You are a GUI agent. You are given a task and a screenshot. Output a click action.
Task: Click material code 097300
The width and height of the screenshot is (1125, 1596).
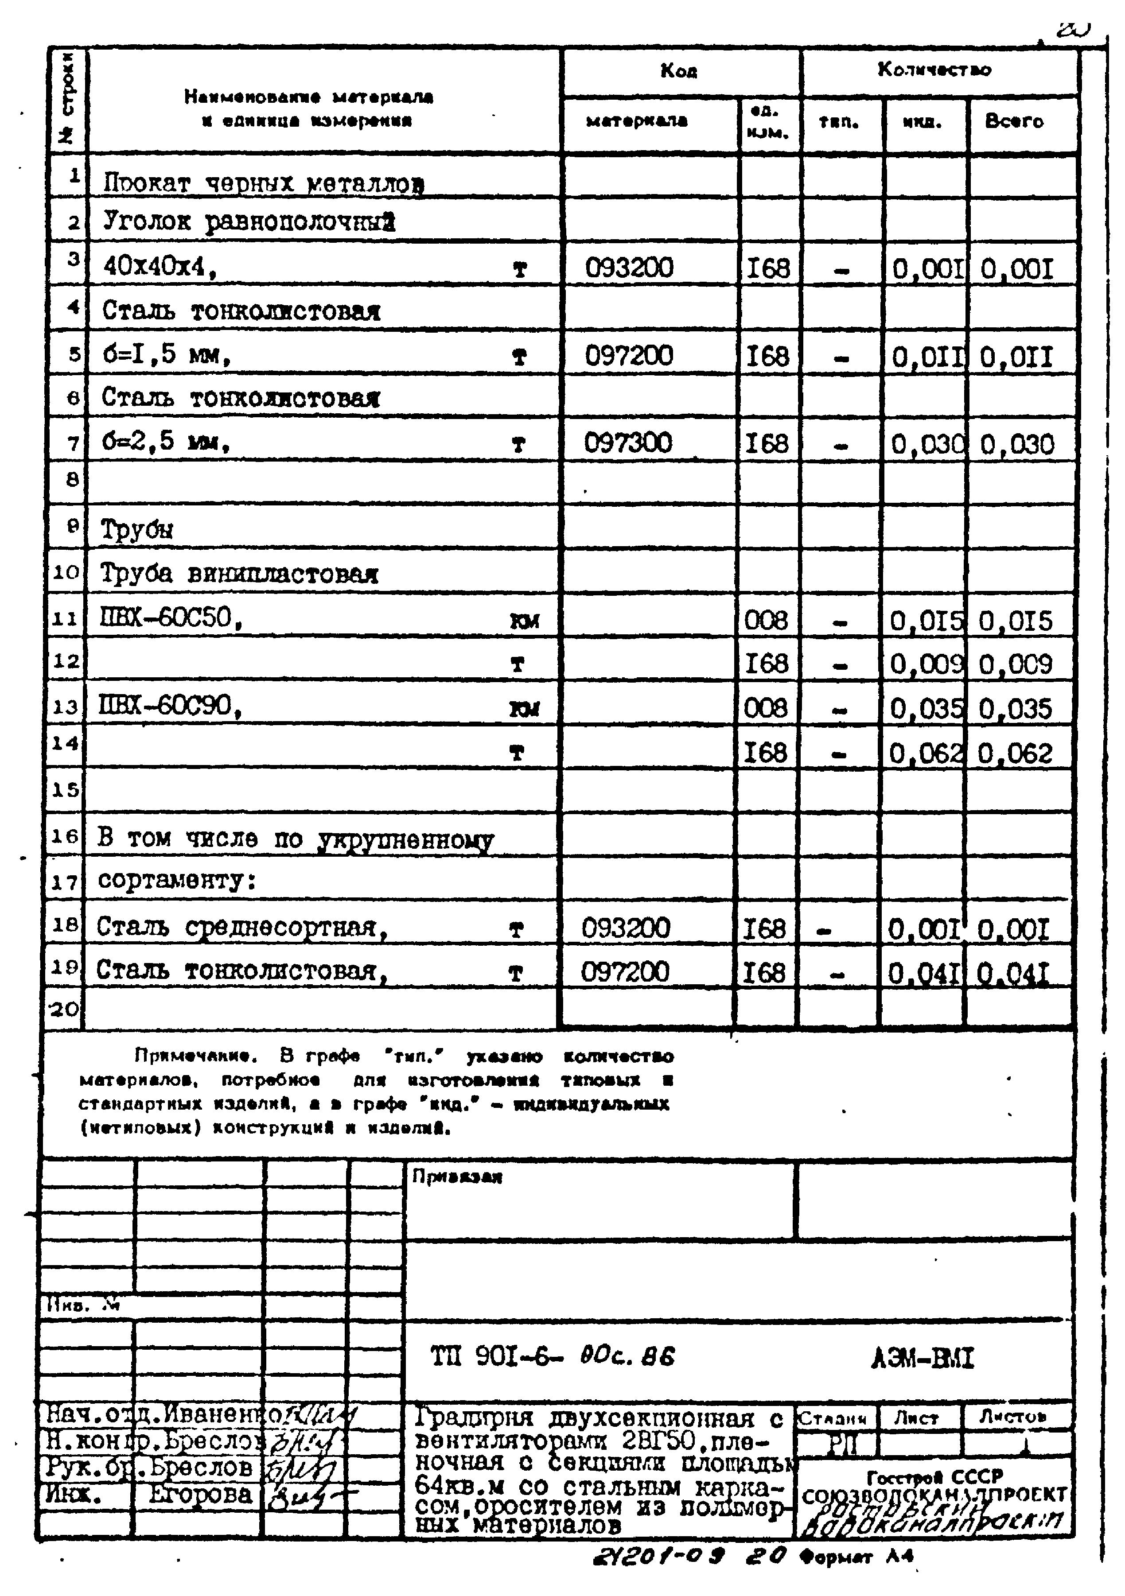[628, 443]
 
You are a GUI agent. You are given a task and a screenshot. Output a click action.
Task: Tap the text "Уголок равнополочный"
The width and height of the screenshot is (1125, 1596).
[249, 222]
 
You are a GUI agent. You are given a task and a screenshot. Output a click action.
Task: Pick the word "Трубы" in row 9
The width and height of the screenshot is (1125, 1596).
[136, 530]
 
